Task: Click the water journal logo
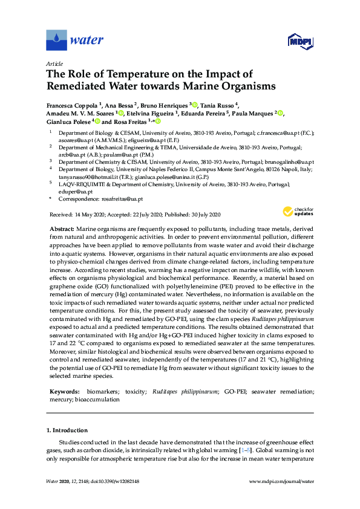[x=74, y=41]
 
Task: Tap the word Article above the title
[x=54, y=63]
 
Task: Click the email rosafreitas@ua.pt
[x=122, y=199]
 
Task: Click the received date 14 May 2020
[x=87, y=215]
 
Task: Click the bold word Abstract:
[x=62, y=229]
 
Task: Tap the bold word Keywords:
[x=64, y=392]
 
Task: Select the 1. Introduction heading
[x=67, y=430]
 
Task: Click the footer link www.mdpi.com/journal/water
[x=281, y=482]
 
